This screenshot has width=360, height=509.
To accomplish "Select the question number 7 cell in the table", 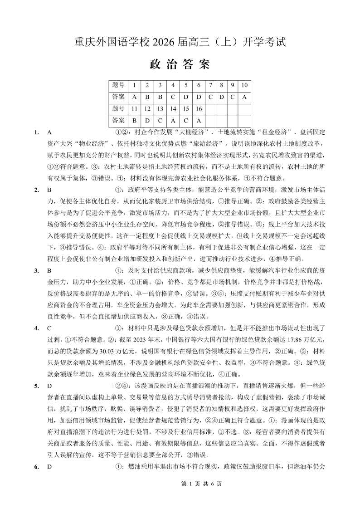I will coord(210,85).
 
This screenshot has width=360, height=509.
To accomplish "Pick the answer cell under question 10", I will coord(244,97).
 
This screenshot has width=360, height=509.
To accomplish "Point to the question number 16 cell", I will coord(199,109).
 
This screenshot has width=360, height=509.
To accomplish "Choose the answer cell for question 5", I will coord(186,97).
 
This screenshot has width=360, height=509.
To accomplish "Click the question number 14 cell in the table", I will coord(173,109).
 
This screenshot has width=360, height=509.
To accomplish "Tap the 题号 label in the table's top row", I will coord(118,85).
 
